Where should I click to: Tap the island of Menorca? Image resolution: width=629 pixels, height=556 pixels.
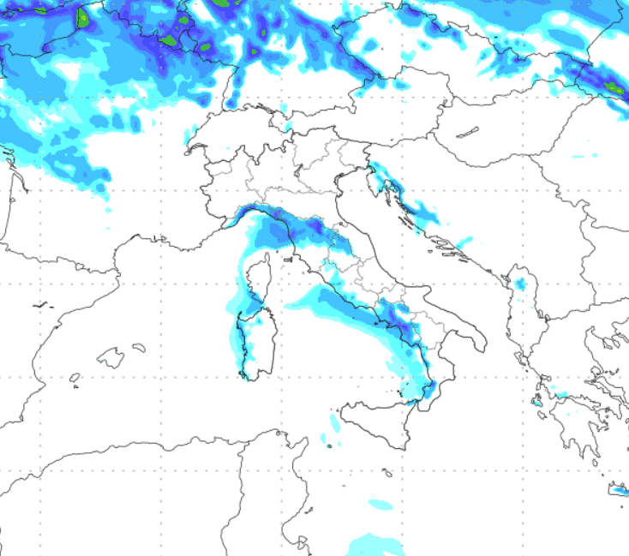point(139,347)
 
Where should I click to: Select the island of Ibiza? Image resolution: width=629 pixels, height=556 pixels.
point(75,377)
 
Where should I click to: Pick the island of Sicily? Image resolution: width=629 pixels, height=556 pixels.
point(378,421)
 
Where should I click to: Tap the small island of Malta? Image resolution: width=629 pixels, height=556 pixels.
point(388,472)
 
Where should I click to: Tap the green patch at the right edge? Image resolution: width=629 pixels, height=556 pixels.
point(612,87)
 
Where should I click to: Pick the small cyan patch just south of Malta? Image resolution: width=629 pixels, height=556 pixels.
point(380,504)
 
